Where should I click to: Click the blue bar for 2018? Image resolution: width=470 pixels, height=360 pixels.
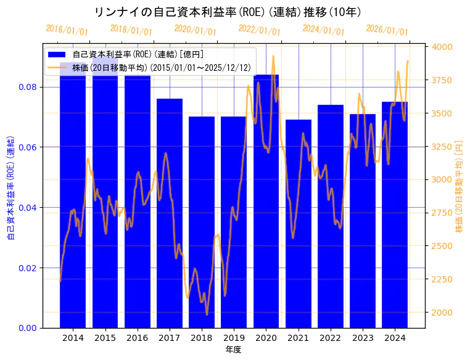pyautogui.click(x=202, y=222)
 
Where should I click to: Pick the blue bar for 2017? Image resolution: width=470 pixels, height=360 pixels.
pyautogui.click(x=170, y=213)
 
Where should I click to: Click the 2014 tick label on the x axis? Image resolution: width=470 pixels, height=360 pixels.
pyautogui.click(x=73, y=338)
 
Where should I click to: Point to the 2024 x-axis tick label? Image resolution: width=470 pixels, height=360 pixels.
pyautogui.click(x=395, y=338)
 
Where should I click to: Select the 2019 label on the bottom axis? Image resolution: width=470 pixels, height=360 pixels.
pyautogui.click(x=234, y=338)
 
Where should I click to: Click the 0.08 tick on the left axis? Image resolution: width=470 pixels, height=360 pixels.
pyautogui.click(x=28, y=87)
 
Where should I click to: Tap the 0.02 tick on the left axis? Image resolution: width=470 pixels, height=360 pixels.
pyautogui.click(x=28, y=268)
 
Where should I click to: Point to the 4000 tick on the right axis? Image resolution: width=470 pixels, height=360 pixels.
pyautogui.click(x=442, y=47)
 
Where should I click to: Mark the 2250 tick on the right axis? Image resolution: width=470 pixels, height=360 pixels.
pyautogui.click(x=442, y=279)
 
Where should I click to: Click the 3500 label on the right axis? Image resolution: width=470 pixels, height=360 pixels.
pyautogui.click(x=442, y=113)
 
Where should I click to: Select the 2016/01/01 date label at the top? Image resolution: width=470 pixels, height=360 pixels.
pyautogui.click(x=67, y=30)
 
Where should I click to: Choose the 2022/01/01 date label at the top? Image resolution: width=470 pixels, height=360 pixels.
pyautogui.click(x=259, y=30)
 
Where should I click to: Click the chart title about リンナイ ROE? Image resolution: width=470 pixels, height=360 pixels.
pyautogui.click(x=228, y=12)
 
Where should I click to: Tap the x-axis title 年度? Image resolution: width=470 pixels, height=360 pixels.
pyautogui.click(x=234, y=350)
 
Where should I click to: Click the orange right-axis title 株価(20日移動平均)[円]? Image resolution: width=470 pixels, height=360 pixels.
pyautogui.click(x=458, y=186)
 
